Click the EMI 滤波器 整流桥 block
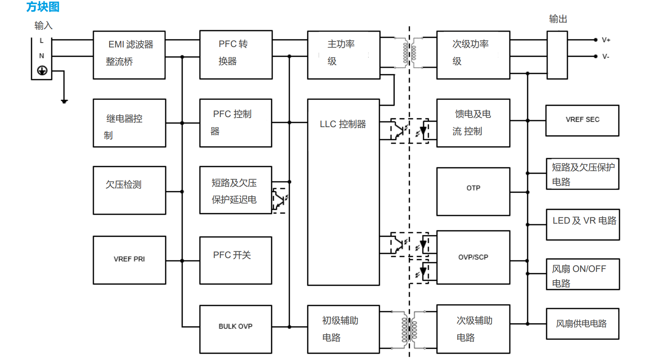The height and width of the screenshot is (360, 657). [129, 55]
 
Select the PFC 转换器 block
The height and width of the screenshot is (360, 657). [236, 55]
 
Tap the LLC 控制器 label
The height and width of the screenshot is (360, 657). [343, 124]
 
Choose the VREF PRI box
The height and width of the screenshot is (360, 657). [129, 260]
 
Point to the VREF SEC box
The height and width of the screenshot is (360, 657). [582, 120]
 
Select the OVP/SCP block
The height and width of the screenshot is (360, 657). [473, 257]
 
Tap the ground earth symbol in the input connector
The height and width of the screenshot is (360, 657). [42, 70]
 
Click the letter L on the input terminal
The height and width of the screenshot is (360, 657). [41, 41]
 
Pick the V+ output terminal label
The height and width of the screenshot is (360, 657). [606, 40]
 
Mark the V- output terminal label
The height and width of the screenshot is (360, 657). [606, 57]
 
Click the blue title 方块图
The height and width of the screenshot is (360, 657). [43, 7]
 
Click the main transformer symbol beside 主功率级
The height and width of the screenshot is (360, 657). [409, 53]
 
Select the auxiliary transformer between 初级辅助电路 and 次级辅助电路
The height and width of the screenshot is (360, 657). [409, 329]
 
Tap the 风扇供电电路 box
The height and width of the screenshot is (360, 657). [582, 323]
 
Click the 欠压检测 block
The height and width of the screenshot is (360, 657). [129, 190]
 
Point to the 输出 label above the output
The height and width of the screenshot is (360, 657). [558, 19]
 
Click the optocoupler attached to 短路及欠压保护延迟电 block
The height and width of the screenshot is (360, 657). [280, 198]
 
